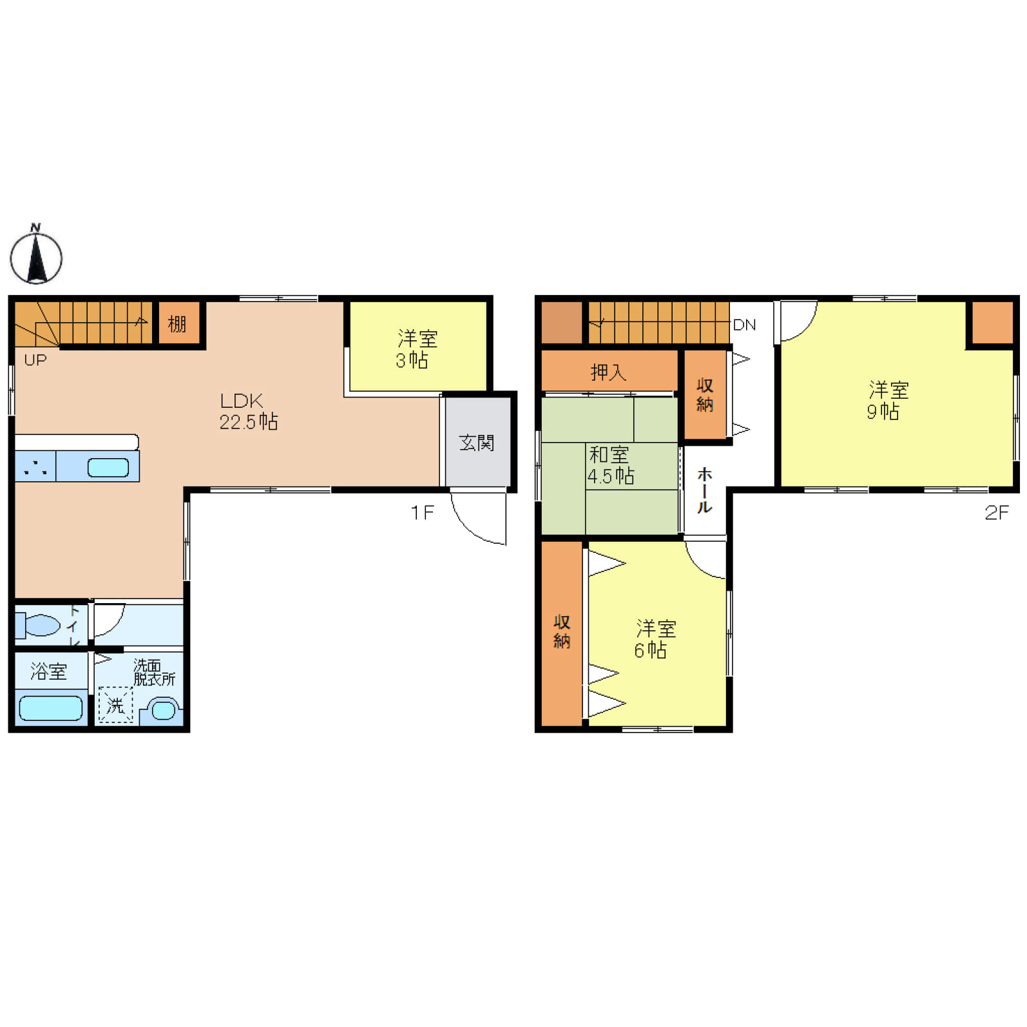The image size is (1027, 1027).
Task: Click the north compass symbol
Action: click(x=36, y=255)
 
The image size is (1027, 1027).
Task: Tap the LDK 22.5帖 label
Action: click(x=249, y=411)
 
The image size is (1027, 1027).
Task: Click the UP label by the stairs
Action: click(x=35, y=360)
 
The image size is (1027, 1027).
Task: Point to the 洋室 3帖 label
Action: click(x=416, y=349)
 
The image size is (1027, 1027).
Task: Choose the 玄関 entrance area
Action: click(x=477, y=442)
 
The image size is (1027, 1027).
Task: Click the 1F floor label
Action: click(x=423, y=513)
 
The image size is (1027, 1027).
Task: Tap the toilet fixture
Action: click(x=38, y=625)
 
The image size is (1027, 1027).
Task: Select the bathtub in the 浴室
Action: click(x=51, y=708)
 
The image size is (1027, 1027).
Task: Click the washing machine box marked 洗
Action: click(x=115, y=705)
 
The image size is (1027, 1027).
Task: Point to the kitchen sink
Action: click(x=108, y=467)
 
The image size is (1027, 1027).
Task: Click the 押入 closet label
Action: click(x=608, y=372)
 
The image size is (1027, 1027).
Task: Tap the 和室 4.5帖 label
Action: click(x=610, y=465)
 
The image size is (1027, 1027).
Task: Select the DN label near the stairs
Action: click(x=744, y=325)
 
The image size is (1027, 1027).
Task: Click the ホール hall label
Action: click(x=705, y=490)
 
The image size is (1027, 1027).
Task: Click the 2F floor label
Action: click(x=996, y=513)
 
